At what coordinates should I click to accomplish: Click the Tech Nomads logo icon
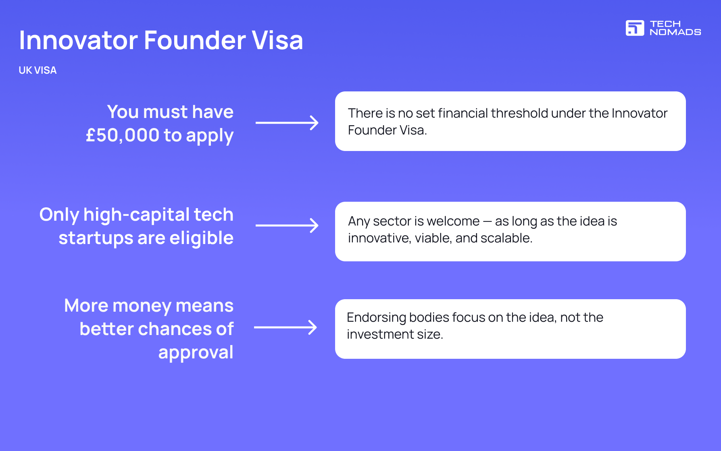coord(635,28)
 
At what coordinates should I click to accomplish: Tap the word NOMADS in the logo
coord(675,32)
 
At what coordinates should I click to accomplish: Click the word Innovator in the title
coord(79,40)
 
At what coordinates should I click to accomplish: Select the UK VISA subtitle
coord(38,70)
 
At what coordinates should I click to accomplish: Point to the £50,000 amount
coord(123,136)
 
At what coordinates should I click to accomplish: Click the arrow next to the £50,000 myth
coord(287,123)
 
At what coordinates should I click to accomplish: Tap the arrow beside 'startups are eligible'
coord(287,225)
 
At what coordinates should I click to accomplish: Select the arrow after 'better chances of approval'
coord(285,327)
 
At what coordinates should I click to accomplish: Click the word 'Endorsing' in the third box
coord(376,318)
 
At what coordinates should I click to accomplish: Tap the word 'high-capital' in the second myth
coord(136,215)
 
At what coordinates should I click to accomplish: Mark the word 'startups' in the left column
coord(96,238)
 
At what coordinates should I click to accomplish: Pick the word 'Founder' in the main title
coord(195,40)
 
